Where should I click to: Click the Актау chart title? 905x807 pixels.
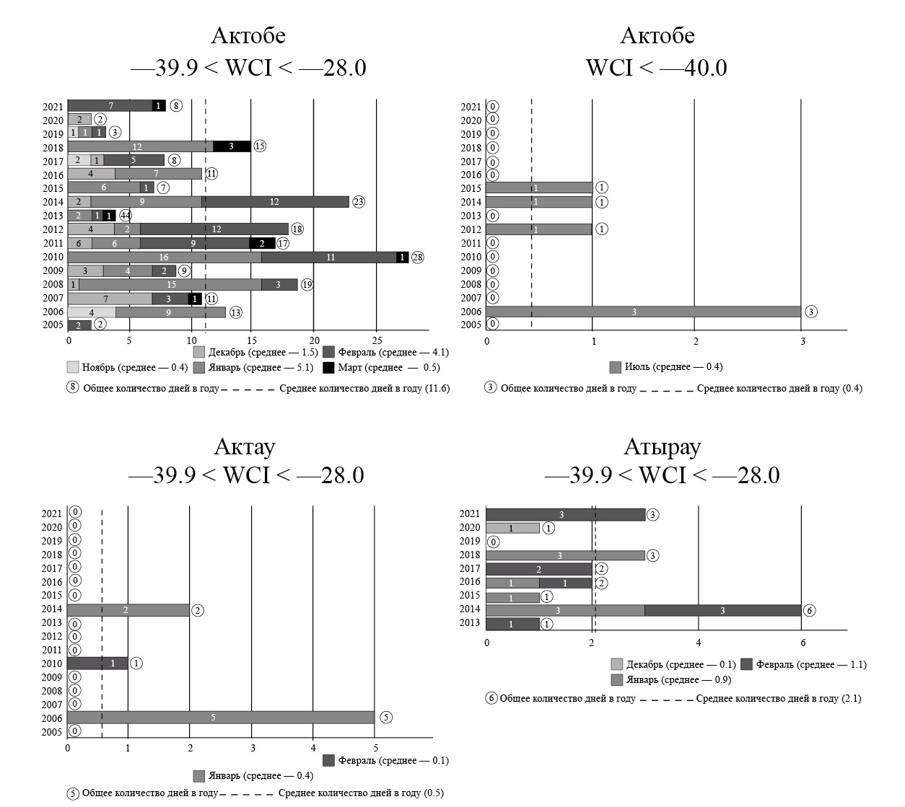pyautogui.click(x=245, y=447)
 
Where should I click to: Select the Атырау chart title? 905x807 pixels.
pyautogui.click(x=662, y=447)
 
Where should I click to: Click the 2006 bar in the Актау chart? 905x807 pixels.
pyautogui.click(x=221, y=718)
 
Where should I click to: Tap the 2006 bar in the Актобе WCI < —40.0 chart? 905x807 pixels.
pyautogui.click(x=643, y=312)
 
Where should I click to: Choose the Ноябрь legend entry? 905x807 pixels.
pyautogui.click(x=127, y=367)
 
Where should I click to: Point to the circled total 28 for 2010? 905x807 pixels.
pyautogui.click(x=417, y=257)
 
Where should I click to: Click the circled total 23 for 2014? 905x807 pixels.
pyautogui.click(x=359, y=202)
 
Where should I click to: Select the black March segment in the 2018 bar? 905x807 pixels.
pyautogui.click(x=232, y=146)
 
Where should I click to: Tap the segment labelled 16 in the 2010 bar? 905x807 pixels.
pyautogui.click(x=165, y=257)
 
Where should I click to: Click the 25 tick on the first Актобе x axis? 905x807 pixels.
pyautogui.click(x=376, y=340)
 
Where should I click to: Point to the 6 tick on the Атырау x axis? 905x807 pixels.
pyautogui.click(x=802, y=643)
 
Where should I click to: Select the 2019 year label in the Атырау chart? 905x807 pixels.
pyautogui.click(x=469, y=542)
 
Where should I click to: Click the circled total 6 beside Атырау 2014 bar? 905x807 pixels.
pyautogui.click(x=810, y=611)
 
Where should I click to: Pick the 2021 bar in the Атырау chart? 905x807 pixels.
pyautogui.click(x=565, y=514)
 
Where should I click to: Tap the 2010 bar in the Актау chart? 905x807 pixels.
pyautogui.click(x=97, y=663)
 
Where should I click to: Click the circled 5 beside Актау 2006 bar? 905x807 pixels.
pyautogui.click(x=386, y=718)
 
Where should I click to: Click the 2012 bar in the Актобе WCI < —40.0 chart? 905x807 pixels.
pyautogui.click(x=538, y=229)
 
